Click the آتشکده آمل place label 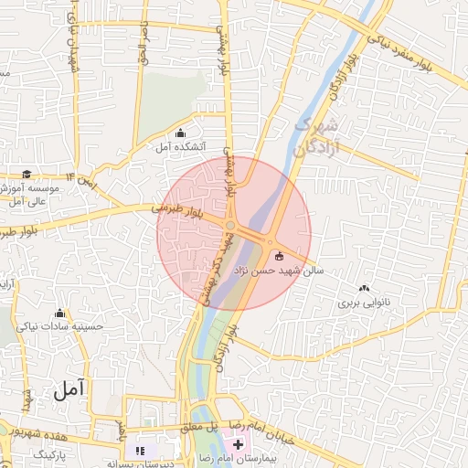point(180,146)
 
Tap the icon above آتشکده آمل point(179,132)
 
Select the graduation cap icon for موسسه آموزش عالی point(27,174)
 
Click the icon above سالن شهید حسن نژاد point(279,257)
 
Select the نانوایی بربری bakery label point(364,302)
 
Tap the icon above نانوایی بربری point(364,288)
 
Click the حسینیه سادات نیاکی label point(60,326)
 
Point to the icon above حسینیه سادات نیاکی point(60,313)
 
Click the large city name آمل point(69,389)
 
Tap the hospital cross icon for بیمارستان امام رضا point(239,444)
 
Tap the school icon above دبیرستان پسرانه point(140,450)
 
